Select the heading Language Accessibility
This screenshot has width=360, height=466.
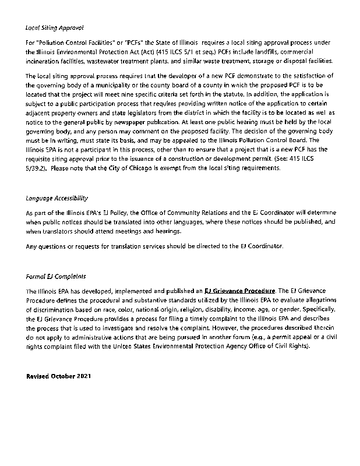point(57,198)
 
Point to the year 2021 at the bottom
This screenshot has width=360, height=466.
point(84,377)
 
